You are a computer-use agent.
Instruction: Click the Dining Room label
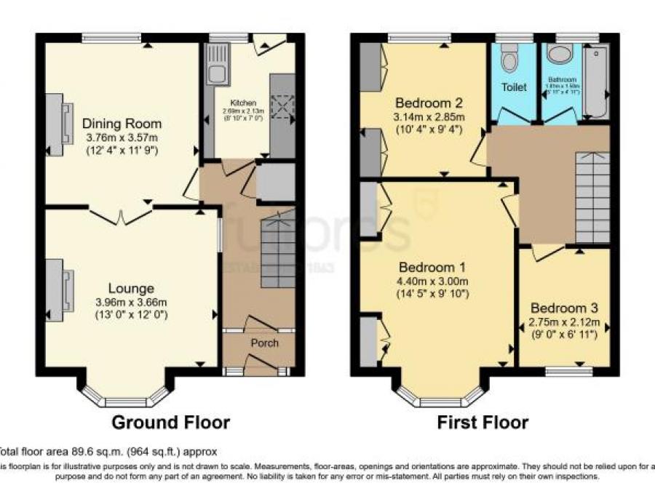[x=122, y=123]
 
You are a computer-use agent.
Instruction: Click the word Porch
[x=264, y=343]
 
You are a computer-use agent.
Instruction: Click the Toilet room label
[x=512, y=87]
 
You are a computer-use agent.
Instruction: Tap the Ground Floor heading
[x=170, y=422]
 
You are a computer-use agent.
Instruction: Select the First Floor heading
[x=483, y=422]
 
